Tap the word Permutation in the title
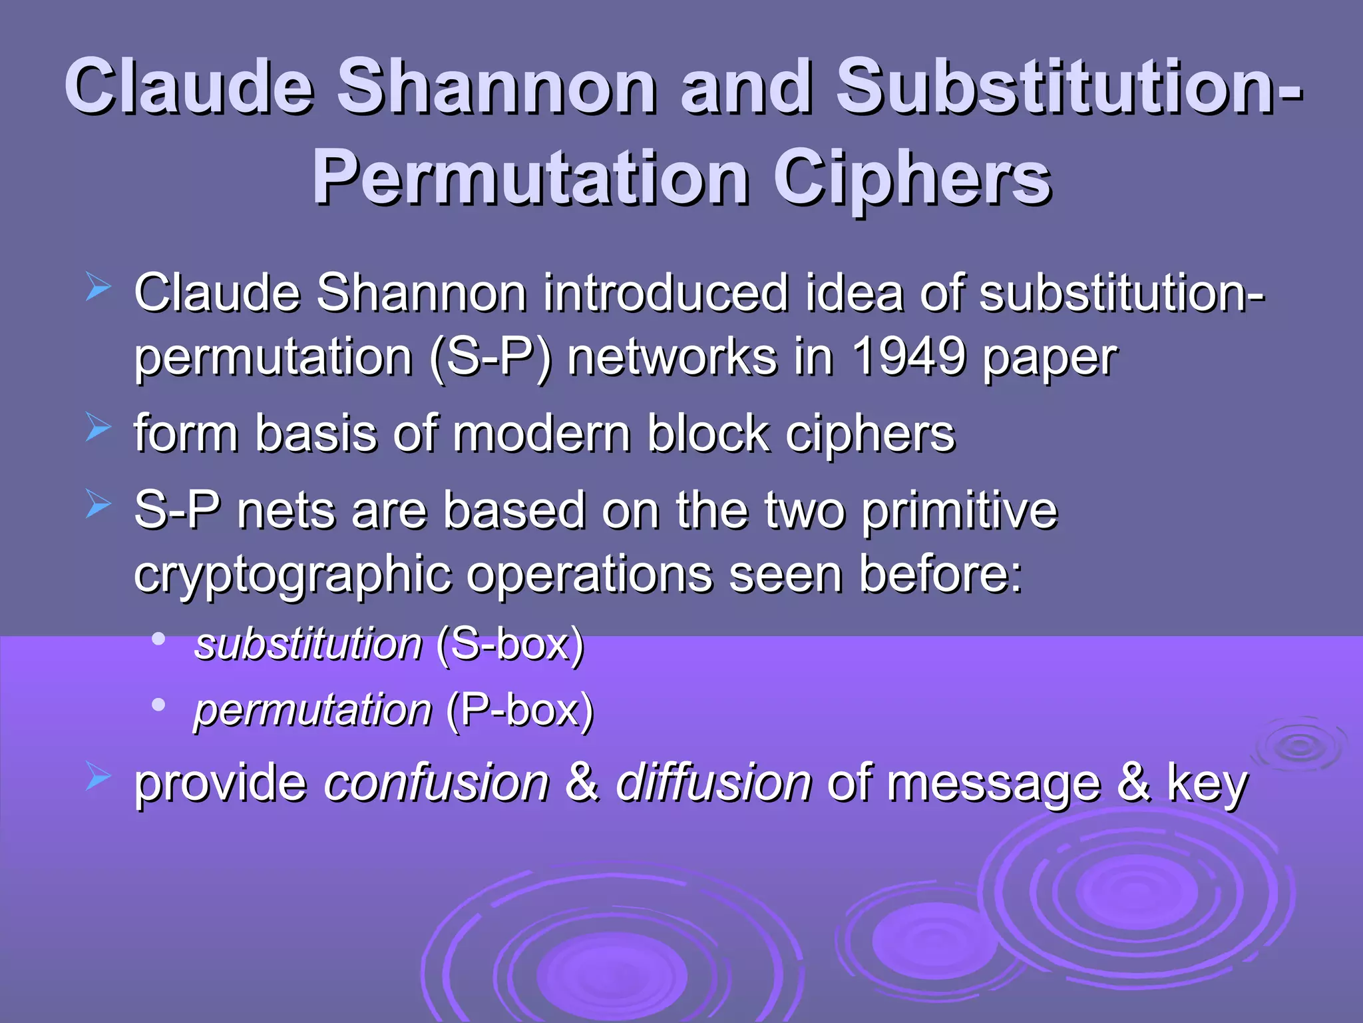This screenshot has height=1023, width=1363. click(530, 178)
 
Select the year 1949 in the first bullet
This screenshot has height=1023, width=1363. click(908, 357)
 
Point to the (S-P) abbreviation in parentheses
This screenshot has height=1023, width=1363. click(490, 358)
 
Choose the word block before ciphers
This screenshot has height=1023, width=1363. click(707, 434)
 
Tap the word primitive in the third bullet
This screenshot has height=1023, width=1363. click(959, 511)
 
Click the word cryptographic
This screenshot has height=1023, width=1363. click(292, 575)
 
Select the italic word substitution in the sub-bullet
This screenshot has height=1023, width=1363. click(308, 645)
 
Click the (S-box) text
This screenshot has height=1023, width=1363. click(510, 645)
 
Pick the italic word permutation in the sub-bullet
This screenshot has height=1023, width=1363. click(313, 710)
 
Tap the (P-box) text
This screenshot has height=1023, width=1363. click(520, 710)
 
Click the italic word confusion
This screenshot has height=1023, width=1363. click(437, 783)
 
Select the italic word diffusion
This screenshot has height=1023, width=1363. click(713, 783)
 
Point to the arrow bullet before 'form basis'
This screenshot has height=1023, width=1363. click(98, 428)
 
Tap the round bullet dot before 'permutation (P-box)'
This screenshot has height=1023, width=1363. click(158, 704)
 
